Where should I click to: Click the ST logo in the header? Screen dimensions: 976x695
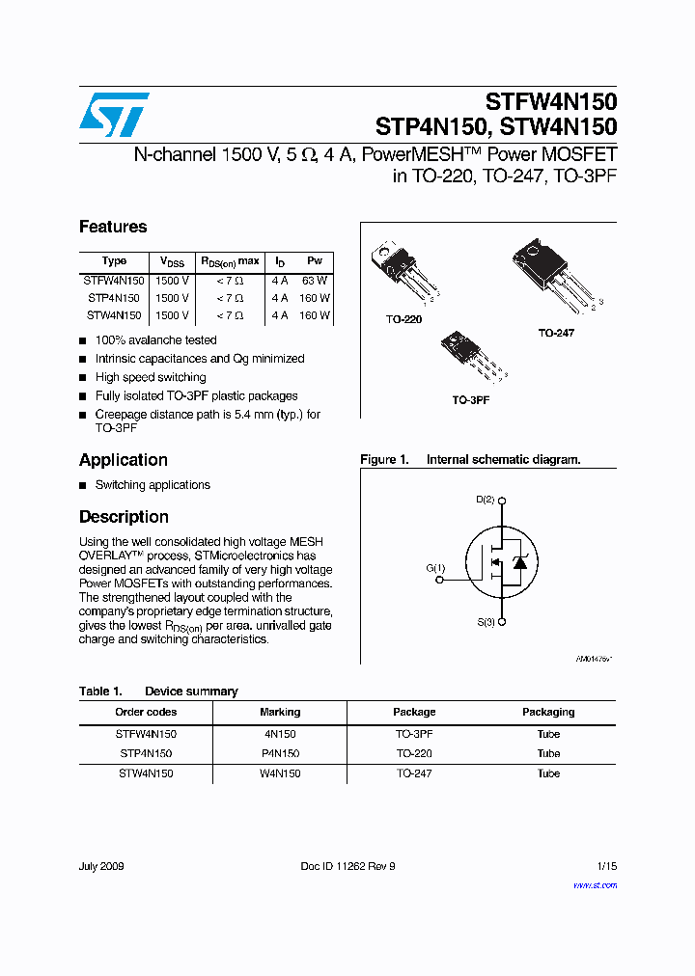(x=114, y=114)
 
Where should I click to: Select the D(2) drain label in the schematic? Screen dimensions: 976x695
(x=485, y=500)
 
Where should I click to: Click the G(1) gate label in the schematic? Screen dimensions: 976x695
(x=435, y=568)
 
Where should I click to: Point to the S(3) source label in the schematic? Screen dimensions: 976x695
(x=485, y=622)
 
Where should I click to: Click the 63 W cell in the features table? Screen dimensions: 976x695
(x=315, y=280)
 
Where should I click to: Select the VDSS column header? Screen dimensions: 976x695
(x=172, y=261)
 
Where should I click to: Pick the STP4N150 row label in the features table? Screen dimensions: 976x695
(x=114, y=298)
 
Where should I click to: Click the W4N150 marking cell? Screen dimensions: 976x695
(x=280, y=773)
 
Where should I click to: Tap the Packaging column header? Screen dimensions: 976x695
(x=548, y=712)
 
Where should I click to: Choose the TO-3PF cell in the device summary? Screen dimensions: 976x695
(x=414, y=734)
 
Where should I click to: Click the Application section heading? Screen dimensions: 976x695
(x=124, y=460)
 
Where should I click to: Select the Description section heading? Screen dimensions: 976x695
(x=124, y=517)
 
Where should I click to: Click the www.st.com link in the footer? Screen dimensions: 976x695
(x=595, y=885)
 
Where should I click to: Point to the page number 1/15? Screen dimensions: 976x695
(x=607, y=866)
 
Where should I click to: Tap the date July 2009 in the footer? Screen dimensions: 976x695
(x=101, y=866)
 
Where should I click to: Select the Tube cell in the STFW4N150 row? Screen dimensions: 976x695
(x=548, y=734)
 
